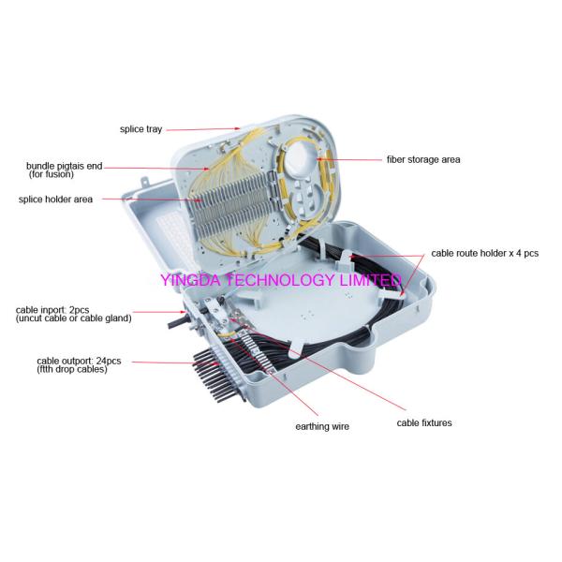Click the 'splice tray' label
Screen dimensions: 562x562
140,128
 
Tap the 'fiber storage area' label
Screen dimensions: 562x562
423,159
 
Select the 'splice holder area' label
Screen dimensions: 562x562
55,199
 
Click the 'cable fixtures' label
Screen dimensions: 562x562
423,423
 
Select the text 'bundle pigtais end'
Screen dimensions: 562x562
63,167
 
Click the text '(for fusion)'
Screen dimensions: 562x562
54,175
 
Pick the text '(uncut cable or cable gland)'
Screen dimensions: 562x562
73,318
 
